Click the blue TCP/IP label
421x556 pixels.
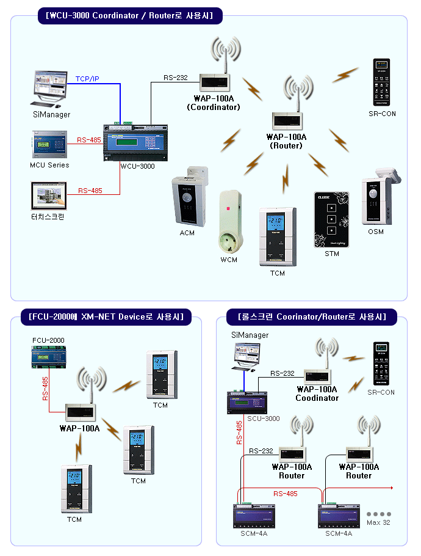tap(87, 79)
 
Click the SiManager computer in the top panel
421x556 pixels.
tap(52, 89)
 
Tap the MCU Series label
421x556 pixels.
tap(49, 165)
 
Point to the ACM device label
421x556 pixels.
tap(187, 233)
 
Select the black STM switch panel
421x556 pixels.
tap(331, 220)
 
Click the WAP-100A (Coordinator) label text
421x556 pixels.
tap(213, 102)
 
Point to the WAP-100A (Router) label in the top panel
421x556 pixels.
tap(286, 141)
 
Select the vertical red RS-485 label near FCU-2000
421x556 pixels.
tap(46, 389)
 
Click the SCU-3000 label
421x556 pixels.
tap(263, 419)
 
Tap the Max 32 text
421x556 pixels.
tap(378, 522)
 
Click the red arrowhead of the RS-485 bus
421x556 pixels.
tap(390, 488)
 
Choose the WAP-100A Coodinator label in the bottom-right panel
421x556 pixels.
tap(317, 393)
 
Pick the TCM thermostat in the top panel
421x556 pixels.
tap(278, 237)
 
